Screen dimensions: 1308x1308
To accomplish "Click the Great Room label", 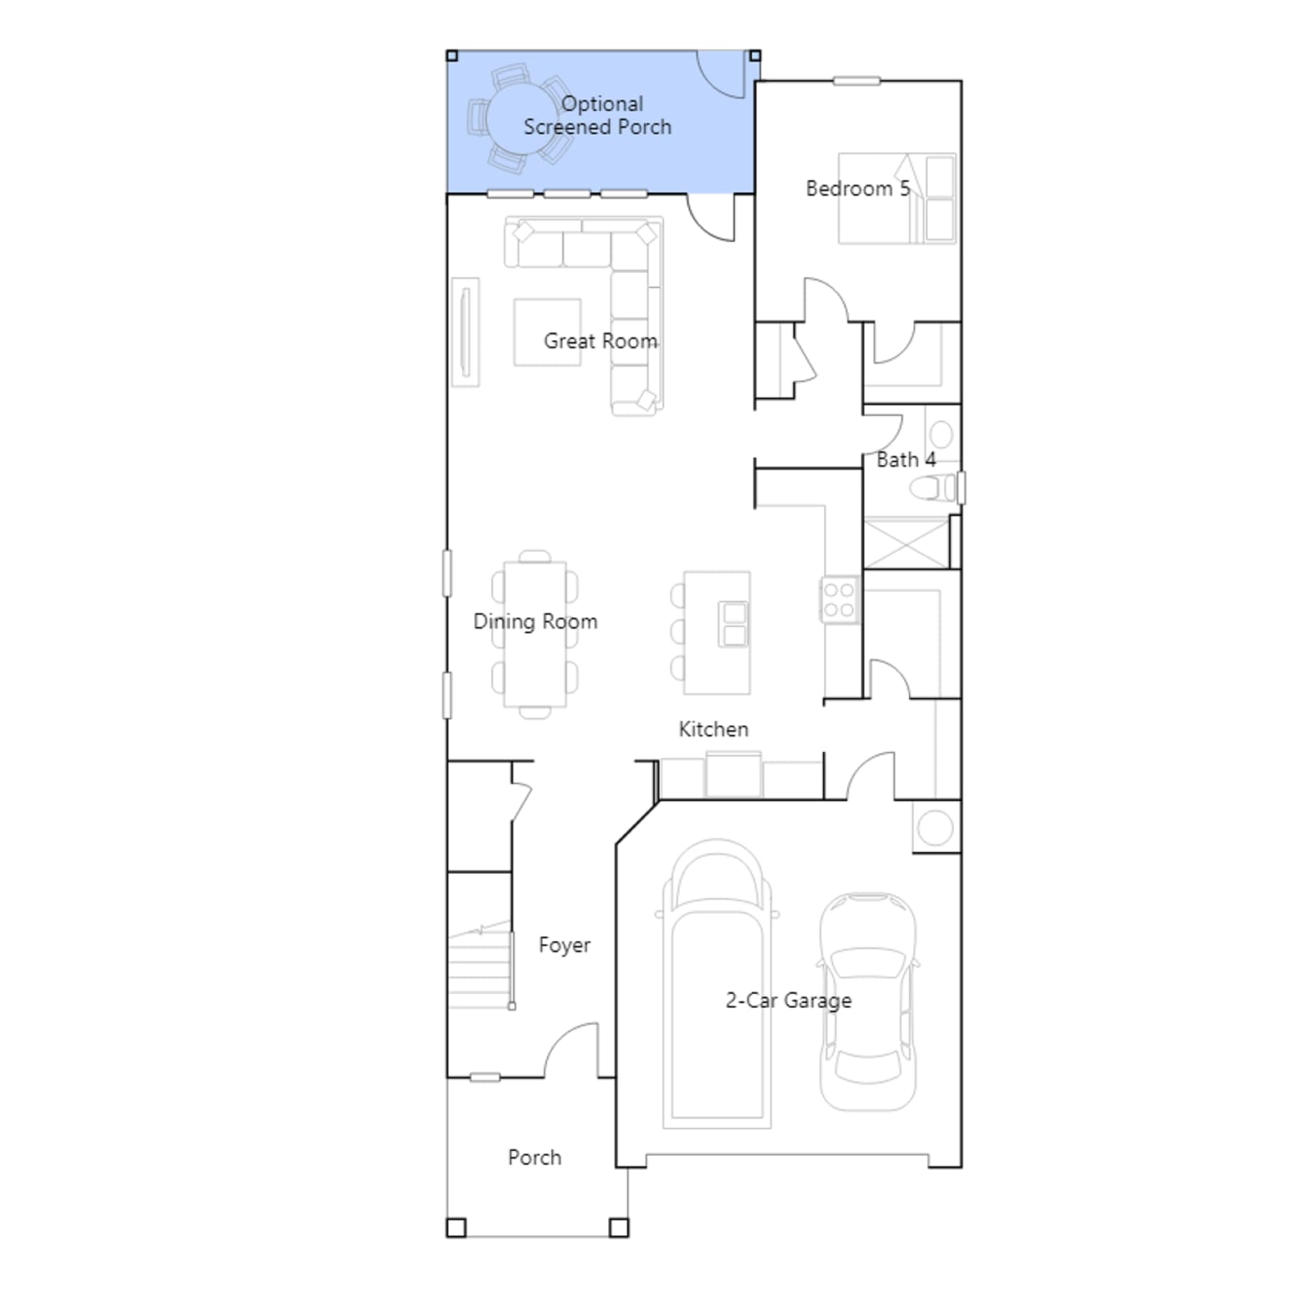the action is (600, 341).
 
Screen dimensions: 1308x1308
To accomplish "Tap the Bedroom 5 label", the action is (858, 189).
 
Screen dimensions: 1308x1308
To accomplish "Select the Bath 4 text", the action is (906, 460).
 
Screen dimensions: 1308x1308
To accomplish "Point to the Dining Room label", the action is (535, 622).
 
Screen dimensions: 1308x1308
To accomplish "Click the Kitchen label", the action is (714, 729).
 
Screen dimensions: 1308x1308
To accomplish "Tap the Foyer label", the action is (564, 946).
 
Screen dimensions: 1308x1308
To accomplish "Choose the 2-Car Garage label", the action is (789, 1001).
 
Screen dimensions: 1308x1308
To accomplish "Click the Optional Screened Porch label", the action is (598, 115).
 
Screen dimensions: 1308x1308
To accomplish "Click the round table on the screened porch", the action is (522, 119).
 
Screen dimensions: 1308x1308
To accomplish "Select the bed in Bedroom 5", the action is (897, 198).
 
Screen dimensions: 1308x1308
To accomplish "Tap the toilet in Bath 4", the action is (934, 489).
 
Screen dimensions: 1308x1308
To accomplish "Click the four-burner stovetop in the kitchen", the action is (839, 600).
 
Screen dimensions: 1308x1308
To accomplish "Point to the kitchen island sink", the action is (734, 624).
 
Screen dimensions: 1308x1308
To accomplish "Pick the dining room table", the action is (535, 634).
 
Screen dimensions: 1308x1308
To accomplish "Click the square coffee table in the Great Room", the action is (547, 332).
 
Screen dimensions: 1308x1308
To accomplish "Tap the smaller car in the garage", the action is (868, 1001).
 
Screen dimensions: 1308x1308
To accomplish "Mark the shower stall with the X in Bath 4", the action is (907, 543).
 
